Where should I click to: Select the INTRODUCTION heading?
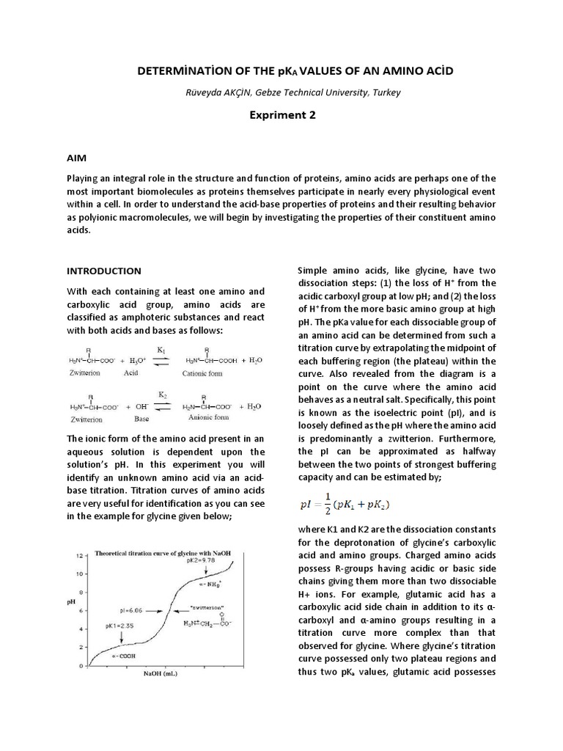(x=104, y=271)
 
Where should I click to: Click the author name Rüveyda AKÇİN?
(x=216, y=92)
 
